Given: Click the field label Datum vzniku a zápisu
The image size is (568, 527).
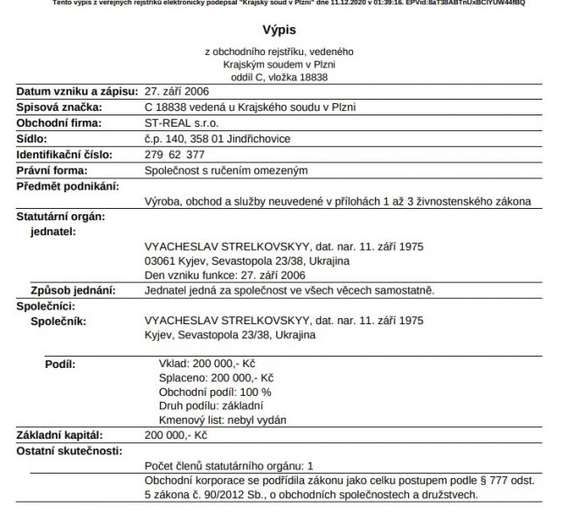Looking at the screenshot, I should pos(71,92).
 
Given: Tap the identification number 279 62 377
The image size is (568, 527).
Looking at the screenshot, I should pos(175,155).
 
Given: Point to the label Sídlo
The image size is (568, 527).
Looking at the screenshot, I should pos(33,139).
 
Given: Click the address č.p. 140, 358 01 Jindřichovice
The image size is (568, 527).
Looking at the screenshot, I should pos(218,139).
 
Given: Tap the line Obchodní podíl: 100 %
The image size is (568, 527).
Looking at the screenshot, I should pos(214,392).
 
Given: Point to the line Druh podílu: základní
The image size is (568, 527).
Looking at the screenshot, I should pos(211,406).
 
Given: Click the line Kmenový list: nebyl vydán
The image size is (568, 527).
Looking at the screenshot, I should pos(224,420).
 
